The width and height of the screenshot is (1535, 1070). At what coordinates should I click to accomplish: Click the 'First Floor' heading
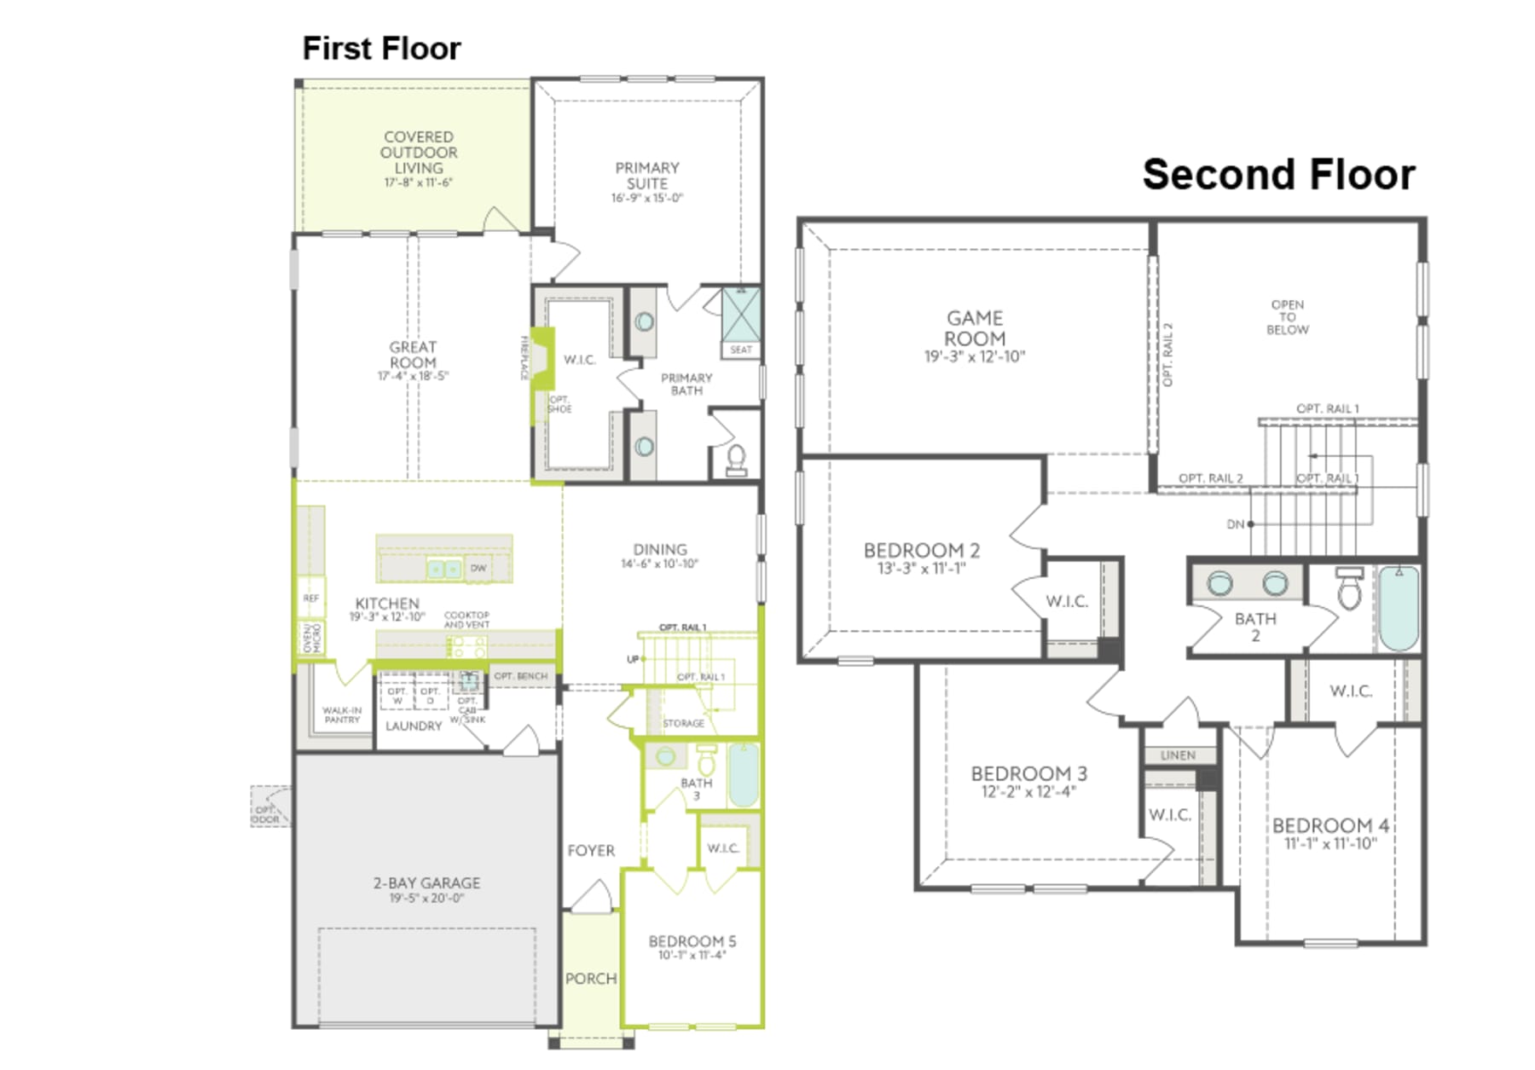[381, 49]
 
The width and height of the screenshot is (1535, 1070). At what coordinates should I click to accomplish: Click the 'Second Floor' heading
[1277, 175]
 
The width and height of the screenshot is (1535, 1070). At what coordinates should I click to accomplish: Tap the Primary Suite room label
[647, 176]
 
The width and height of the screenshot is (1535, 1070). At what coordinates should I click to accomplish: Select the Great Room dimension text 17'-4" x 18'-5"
[413, 376]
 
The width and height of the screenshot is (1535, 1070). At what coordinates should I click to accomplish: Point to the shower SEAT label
[740, 350]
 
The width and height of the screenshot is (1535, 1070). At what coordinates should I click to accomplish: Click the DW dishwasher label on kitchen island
[478, 568]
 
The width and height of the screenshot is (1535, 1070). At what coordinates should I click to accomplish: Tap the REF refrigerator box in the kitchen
[311, 599]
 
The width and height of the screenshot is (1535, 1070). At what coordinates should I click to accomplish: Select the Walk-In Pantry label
[342, 714]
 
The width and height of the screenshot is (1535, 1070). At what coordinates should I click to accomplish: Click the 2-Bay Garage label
[426, 883]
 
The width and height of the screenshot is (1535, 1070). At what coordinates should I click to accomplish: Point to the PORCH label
[590, 979]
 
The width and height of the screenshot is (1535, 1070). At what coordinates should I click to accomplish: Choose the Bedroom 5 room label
[692, 941]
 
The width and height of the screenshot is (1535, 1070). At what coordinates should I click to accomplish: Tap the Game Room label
[975, 328]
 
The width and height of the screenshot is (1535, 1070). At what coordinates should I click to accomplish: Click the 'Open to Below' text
[1287, 317]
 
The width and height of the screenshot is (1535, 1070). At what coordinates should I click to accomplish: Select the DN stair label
[1235, 524]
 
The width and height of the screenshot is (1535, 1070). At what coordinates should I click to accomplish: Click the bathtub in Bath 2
[1399, 608]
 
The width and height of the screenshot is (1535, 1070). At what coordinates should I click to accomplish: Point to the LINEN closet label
[1178, 755]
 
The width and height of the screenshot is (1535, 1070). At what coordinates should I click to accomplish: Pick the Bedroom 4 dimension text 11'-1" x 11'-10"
[1330, 844]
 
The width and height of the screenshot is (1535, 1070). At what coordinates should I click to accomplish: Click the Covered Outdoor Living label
[418, 153]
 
